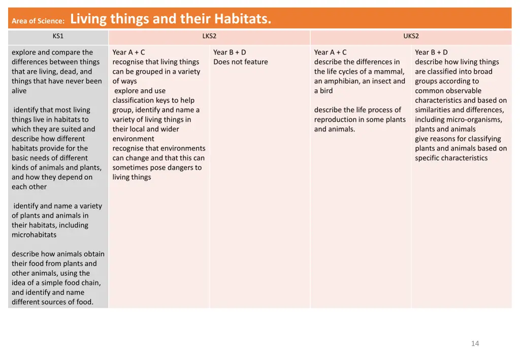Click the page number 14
click(x=475, y=344)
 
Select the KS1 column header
click(x=58, y=36)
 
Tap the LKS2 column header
click(x=209, y=36)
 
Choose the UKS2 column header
click(x=411, y=36)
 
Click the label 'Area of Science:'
click(x=38, y=21)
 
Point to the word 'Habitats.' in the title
click(x=243, y=19)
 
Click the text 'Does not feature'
click(x=240, y=62)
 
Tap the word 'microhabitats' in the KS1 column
click(x=34, y=235)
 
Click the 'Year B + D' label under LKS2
click(x=230, y=52)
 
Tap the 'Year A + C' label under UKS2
click(x=330, y=52)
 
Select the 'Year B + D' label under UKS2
click(x=431, y=52)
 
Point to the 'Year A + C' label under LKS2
click(x=128, y=52)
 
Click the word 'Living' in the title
click(x=88, y=19)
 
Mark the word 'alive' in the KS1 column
click(x=19, y=91)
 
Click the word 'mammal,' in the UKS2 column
click(x=391, y=72)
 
